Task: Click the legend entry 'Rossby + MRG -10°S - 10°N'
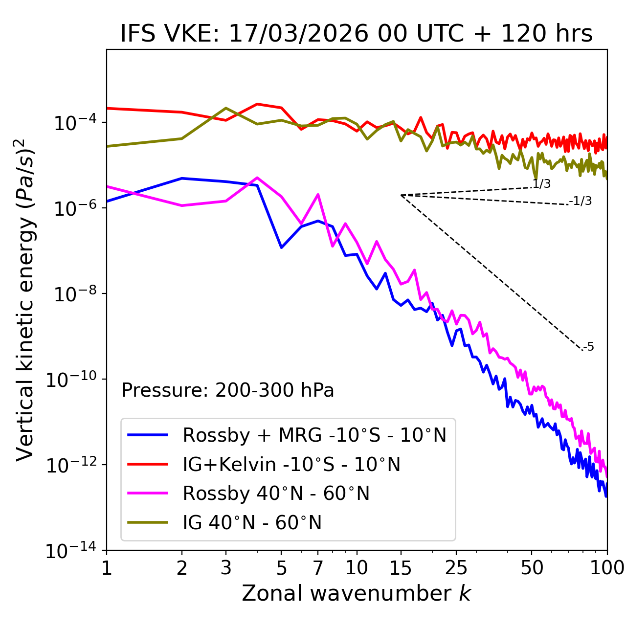(314, 435)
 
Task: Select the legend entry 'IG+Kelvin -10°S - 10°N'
(291, 464)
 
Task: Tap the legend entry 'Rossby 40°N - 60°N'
(276, 494)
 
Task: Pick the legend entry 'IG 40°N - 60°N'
(252, 523)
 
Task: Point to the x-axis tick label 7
(318, 568)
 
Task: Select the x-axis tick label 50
(532, 568)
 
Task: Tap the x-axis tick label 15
(401, 568)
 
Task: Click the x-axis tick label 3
(226, 568)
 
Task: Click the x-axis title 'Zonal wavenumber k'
(356, 593)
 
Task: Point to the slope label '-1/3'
(581, 201)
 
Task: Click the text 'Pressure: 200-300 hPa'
(227, 390)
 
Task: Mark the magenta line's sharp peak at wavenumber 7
(318, 195)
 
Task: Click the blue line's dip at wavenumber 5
(281, 247)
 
